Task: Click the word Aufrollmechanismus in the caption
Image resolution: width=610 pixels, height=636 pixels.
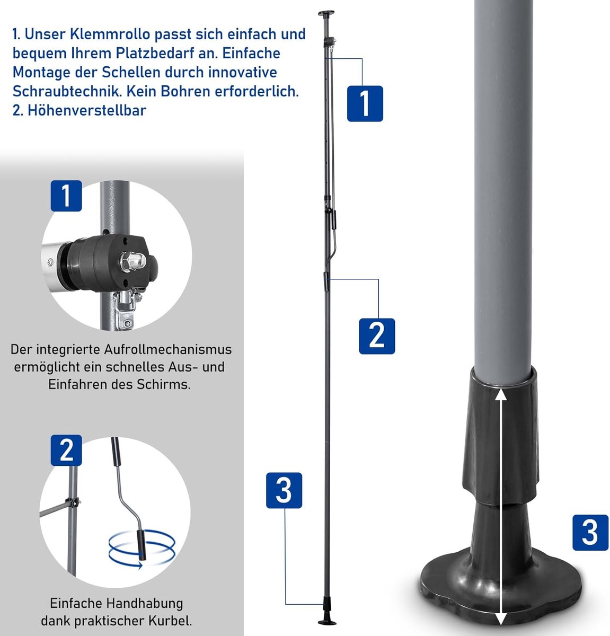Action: point(167,349)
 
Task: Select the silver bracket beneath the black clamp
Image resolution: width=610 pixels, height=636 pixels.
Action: point(126,308)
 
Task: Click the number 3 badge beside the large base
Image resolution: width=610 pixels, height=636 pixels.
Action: point(590,533)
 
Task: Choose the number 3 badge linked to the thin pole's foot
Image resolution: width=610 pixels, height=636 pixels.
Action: point(284,490)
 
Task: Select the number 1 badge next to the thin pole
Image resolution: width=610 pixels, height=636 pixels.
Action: point(365,103)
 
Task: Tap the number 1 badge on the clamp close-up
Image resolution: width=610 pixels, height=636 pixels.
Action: point(66,196)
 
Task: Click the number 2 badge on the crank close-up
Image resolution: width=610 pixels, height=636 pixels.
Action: point(66,450)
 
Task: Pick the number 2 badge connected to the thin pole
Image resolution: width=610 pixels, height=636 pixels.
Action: point(377,336)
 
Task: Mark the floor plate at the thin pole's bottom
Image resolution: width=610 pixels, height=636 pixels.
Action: point(326,622)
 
